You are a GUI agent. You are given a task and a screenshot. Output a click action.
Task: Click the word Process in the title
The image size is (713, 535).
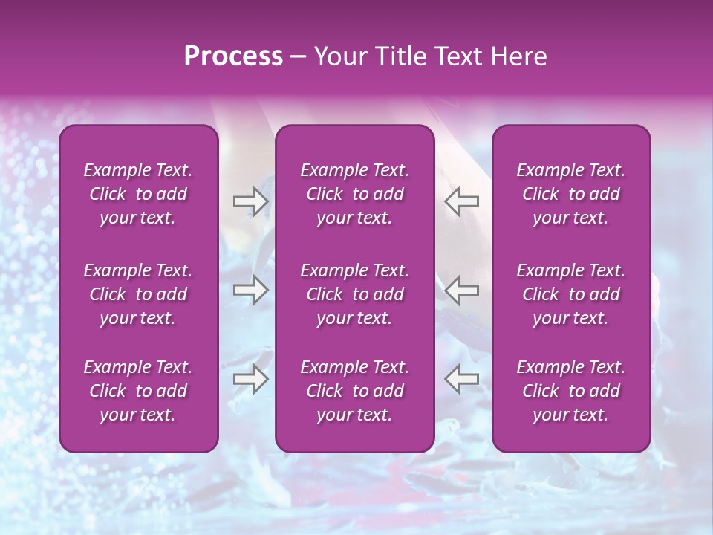point(233,56)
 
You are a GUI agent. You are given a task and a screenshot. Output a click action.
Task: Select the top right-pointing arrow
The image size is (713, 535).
point(250,201)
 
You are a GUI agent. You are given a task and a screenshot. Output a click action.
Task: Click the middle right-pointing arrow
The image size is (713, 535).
point(250,290)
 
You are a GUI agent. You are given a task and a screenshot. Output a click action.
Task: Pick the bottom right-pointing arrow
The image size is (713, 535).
point(250,379)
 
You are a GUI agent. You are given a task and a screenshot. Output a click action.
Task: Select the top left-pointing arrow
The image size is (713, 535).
point(462,201)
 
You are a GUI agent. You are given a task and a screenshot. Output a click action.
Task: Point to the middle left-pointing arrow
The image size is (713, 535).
point(462,290)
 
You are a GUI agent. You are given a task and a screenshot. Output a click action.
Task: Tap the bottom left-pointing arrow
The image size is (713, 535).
point(462,379)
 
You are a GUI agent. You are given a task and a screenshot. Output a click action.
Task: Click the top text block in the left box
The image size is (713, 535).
point(138,194)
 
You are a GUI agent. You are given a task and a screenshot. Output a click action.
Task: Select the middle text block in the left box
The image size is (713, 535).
point(138,294)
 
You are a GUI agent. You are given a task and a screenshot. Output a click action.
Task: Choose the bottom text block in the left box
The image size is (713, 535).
point(138,391)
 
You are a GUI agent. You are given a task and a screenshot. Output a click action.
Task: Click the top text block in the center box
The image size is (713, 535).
point(354,194)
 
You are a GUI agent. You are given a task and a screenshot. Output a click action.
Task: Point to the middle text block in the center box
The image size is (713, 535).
point(354,294)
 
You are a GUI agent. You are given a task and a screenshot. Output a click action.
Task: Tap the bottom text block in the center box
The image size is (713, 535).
point(354,391)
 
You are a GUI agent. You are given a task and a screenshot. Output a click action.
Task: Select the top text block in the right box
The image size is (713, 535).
point(570,194)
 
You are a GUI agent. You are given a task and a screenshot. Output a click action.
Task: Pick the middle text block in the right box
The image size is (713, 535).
point(570,294)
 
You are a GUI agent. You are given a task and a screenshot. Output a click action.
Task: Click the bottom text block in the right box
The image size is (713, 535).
point(570,391)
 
